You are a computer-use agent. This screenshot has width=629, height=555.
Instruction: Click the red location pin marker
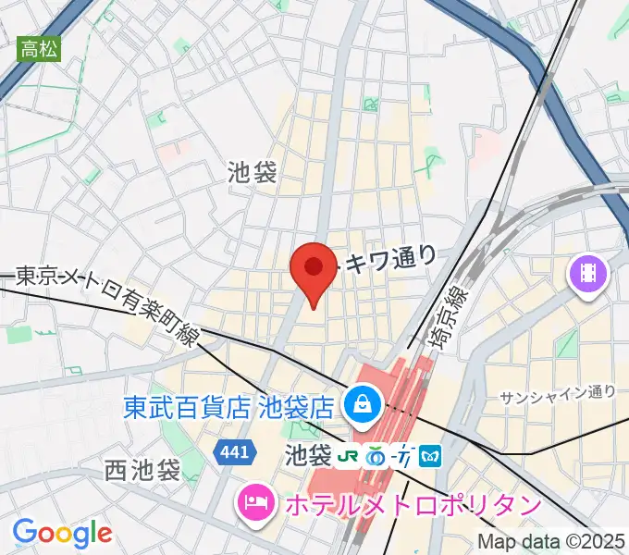314,270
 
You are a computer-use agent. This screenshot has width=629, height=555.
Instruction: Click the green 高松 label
39,49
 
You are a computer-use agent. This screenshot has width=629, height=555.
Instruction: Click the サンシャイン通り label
558,393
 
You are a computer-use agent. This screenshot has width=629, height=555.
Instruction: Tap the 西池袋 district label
142,469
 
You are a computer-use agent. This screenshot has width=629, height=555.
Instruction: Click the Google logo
62,533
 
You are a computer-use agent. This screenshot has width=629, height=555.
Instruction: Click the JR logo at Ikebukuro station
348,457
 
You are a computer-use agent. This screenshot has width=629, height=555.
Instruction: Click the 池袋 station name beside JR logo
307,455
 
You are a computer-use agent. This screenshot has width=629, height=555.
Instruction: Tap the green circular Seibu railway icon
376,457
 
